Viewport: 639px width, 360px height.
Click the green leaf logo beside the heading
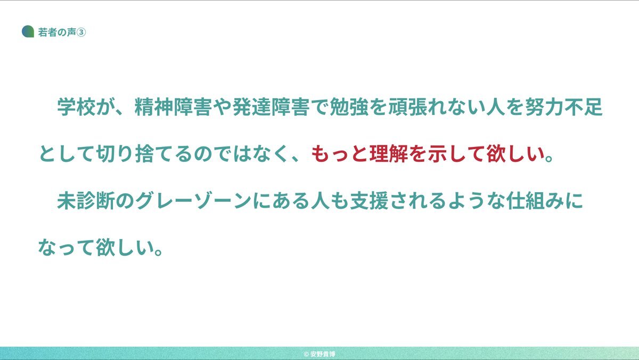click(28, 31)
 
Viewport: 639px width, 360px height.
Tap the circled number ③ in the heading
click(81, 32)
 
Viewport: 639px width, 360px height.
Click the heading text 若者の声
click(57, 32)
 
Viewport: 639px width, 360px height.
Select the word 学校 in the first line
click(77, 107)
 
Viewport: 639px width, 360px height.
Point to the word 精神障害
click(173, 107)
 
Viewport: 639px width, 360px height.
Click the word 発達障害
click(271, 107)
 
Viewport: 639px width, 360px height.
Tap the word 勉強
click(349, 107)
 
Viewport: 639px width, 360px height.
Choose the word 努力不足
click(564, 107)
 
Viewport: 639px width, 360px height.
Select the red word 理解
click(389, 154)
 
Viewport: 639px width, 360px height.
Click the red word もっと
click(340, 154)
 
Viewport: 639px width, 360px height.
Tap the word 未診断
click(86, 201)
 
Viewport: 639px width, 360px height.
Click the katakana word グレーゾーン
click(193, 201)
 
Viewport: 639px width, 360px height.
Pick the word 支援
click(369, 201)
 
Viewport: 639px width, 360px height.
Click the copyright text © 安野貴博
click(319, 354)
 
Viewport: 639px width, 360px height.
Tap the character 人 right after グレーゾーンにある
click(321, 201)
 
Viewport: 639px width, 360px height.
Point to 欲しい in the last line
click(125, 247)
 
